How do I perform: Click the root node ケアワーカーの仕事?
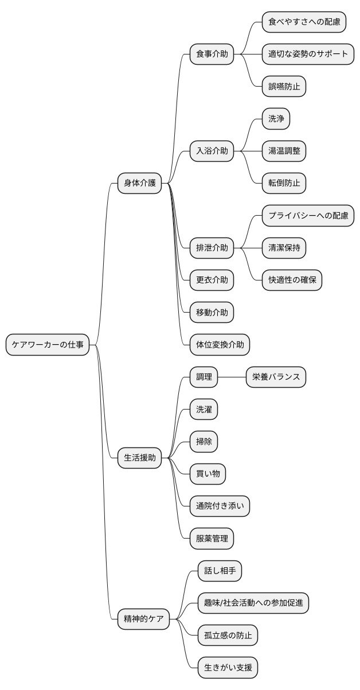48,345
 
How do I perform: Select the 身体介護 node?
139,184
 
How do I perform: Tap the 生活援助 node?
139,457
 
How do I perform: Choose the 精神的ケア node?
143,619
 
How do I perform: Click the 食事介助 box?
212,54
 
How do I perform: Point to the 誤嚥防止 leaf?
284,87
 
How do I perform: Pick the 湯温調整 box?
284,151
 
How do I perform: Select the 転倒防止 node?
284,184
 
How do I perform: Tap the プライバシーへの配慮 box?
308,216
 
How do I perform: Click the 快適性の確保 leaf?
292,280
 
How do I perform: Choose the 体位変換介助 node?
220,345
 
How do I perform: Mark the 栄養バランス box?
276,377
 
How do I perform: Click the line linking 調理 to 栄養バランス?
232,377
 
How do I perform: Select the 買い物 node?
208,474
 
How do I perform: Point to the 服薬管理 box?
212,538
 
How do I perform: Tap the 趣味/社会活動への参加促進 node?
253,603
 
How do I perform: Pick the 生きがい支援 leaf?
228,667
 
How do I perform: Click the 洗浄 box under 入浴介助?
276,119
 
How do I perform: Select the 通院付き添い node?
220,506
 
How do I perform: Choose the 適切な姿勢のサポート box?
308,54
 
